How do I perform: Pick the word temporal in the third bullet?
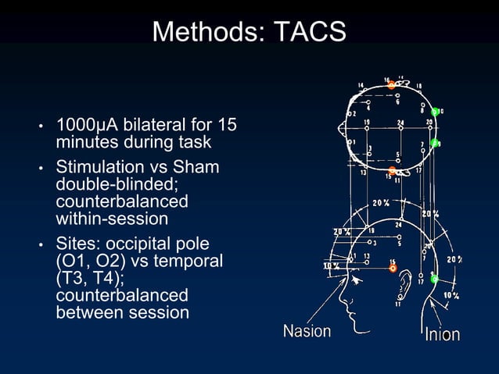(192, 260)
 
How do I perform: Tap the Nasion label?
(307, 331)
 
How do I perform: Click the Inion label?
(442, 335)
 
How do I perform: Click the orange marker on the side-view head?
(393, 269)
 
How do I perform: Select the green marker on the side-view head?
(434, 279)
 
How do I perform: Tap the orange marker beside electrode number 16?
(392, 85)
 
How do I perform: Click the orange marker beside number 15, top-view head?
(393, 170)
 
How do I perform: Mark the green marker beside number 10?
(435, 112)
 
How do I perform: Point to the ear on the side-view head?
(404, 292)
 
